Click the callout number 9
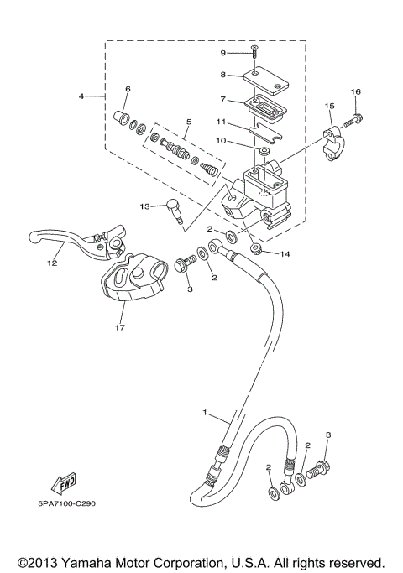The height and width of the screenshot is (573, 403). point(224,53)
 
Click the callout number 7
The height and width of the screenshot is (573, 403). point(224,99)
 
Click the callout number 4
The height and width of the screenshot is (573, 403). point(82,96)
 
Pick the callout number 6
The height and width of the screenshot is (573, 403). point(128,88)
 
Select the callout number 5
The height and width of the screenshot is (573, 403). point(187,122)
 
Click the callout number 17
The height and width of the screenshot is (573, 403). point(120,328)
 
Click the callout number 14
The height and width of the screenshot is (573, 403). point(285,253)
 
